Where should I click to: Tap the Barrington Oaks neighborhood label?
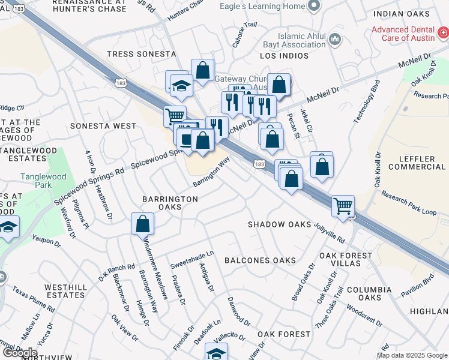tap(170, 203)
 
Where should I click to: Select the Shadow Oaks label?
tap(280, 224)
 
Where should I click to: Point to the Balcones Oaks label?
tap(260, 260)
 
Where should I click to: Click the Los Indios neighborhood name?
tap(284, 56)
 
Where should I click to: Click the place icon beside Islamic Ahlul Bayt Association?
tap(336, 40)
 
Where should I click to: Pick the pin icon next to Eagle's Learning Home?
tap(312, 6)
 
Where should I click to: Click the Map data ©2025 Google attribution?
tap(412, 355)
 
